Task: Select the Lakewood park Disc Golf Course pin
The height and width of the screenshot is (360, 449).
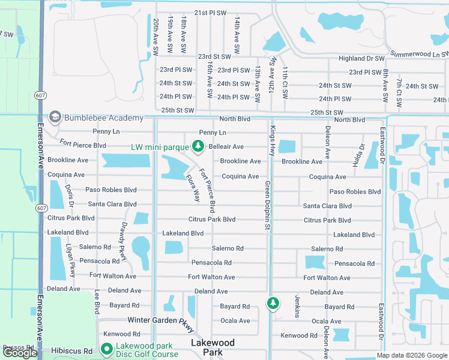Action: (x=107, y=349)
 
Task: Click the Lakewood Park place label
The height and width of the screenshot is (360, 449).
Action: (x=212, y=347)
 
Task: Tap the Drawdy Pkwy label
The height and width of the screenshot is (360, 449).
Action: (x=124, y=241)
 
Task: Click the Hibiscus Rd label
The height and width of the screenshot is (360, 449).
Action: (x=76, y=350)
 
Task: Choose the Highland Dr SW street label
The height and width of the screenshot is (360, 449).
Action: (x=361, y=59)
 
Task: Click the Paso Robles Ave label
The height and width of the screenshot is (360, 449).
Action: (x=108, y=190)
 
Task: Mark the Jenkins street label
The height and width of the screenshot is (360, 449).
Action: (x=297, y=306)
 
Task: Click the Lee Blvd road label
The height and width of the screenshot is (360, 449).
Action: (x=97, y=302)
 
